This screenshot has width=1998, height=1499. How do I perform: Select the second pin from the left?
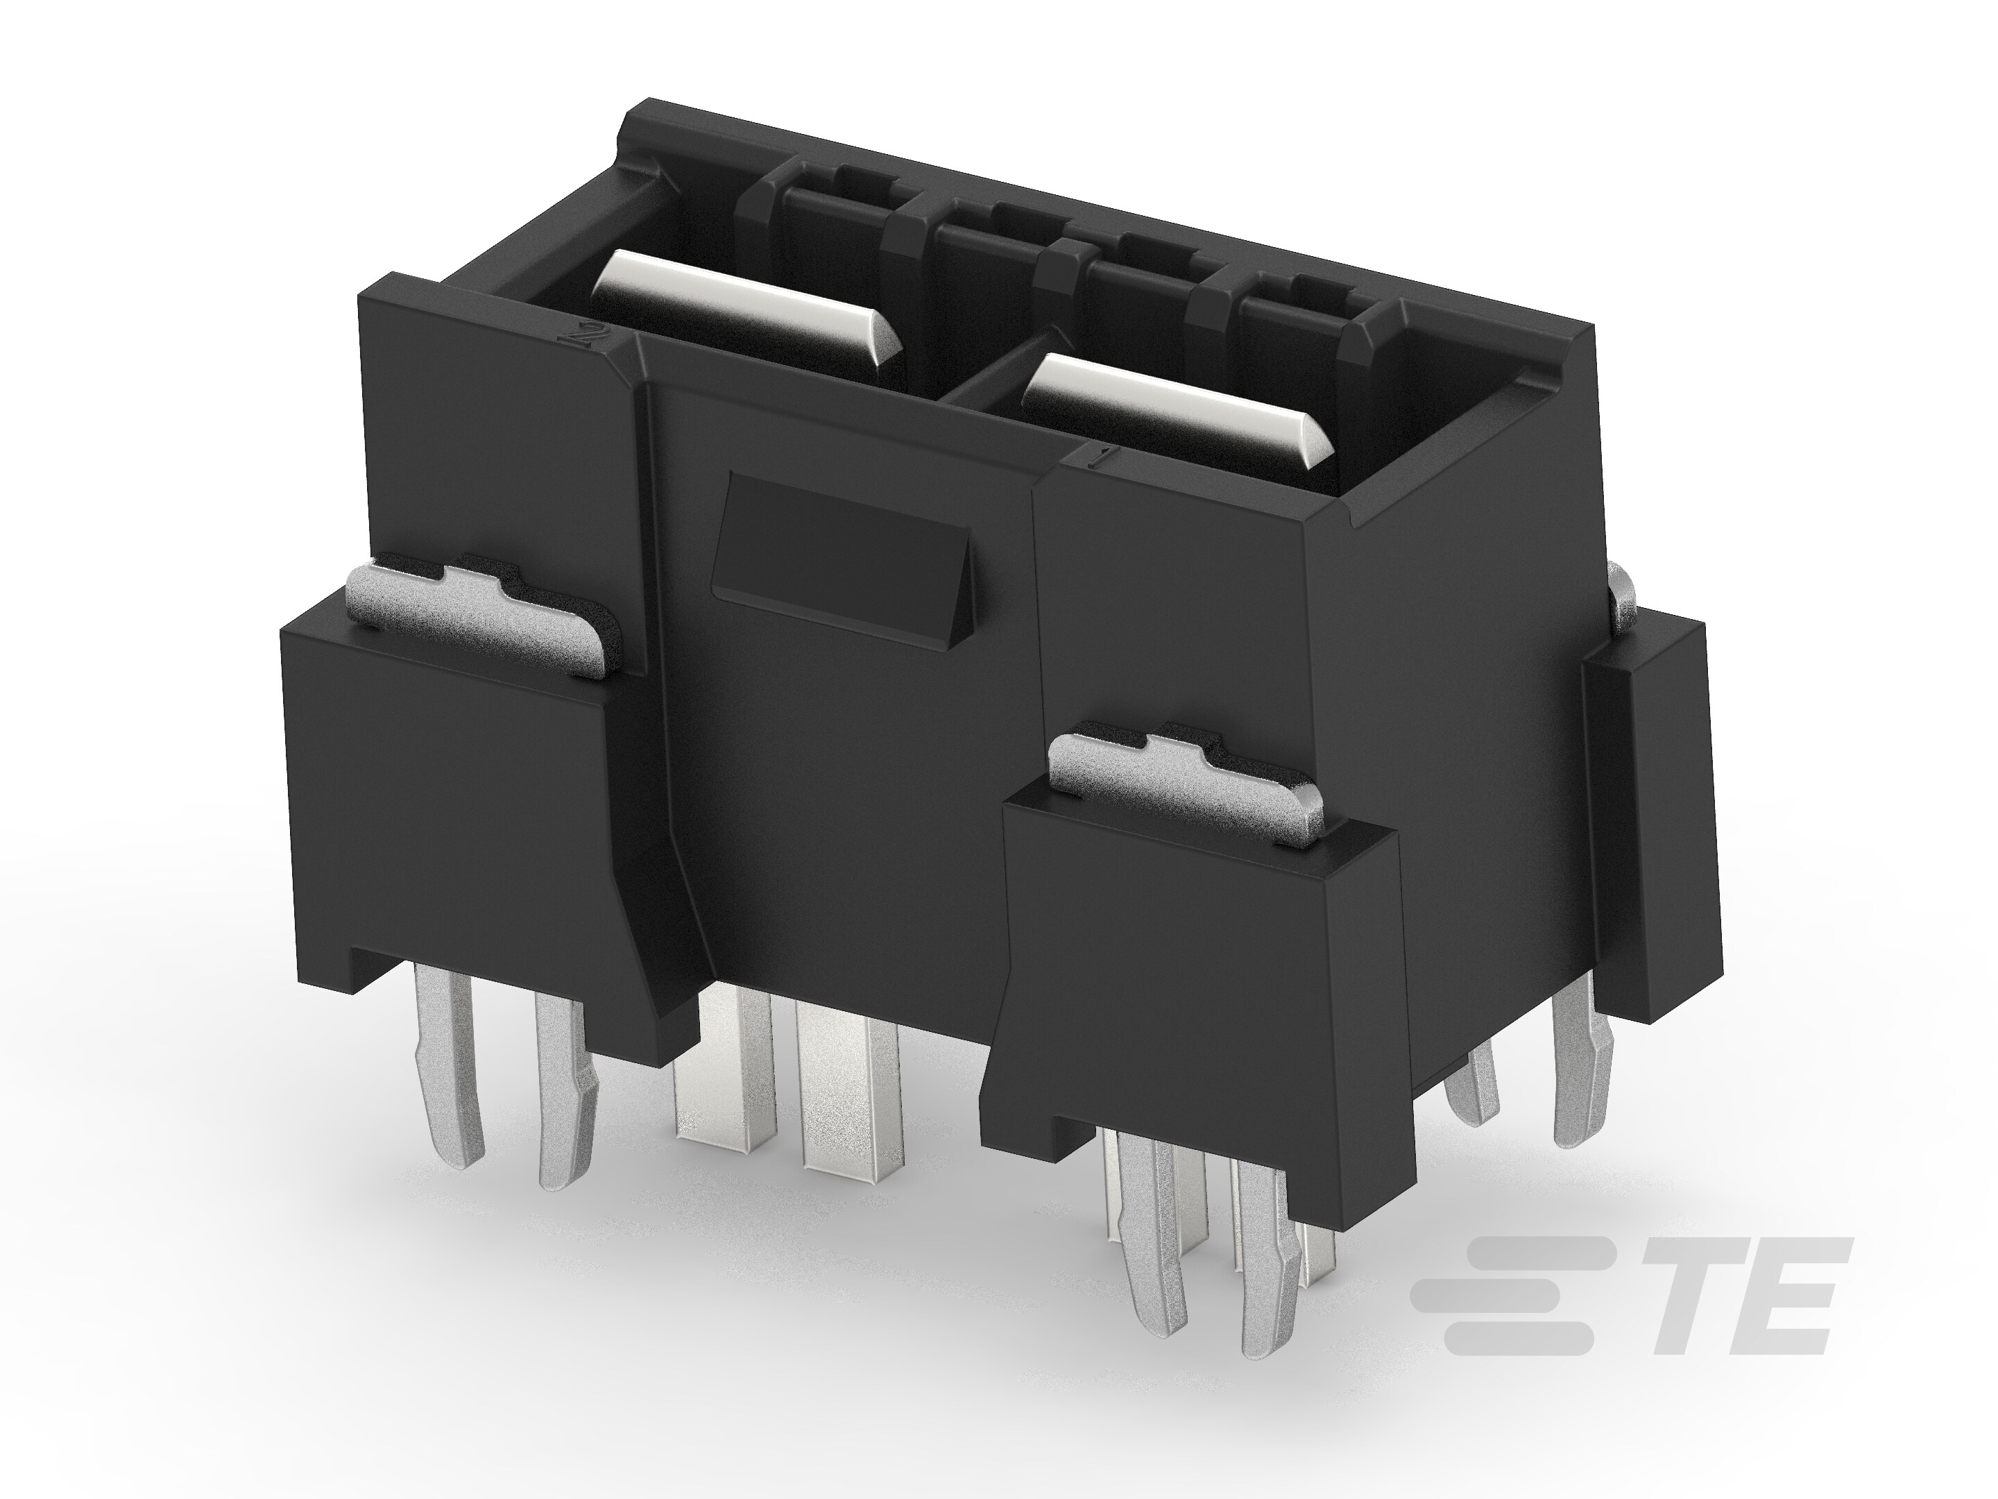(565, 1084)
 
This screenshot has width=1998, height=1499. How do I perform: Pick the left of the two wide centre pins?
(726, 1066)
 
